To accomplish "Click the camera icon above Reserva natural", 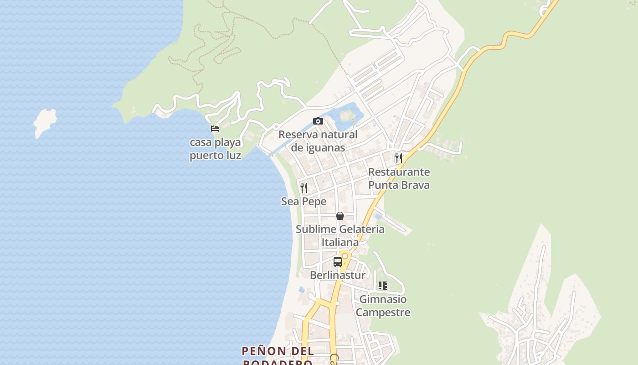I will (318, 121).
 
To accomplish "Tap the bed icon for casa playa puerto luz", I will (215, 129).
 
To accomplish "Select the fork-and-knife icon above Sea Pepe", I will (304, 188).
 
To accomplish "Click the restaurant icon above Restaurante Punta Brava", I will (399, 158).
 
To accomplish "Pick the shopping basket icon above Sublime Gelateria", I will (340, 216).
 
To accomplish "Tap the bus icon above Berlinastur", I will (338, 262).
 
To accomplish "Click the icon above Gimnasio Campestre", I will (383, 286).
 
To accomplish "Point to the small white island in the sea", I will (45, 122).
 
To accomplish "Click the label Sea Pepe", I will (304, 201).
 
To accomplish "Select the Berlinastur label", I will (338, 275).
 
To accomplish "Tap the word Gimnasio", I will (383, 299).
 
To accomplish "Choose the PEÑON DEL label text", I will (278, 351).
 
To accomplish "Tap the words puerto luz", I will (215, 155).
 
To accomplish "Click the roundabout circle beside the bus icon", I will (345, 256).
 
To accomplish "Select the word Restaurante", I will (399, 172).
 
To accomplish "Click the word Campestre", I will (383, 313).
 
